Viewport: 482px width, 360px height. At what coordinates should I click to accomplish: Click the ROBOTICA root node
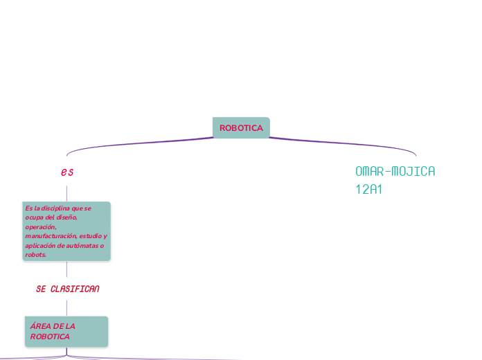(x=241, y=128)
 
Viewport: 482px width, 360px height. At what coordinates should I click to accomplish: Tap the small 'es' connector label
(x=67, y=172)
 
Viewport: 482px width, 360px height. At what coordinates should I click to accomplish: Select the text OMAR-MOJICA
(x=395, y=171)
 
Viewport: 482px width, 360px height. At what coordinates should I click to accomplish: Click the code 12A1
(x=369, y=189)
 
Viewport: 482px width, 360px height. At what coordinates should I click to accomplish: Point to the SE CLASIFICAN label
(x=67, y=289)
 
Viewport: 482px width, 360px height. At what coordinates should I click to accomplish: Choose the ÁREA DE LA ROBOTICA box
(x=66, y=332)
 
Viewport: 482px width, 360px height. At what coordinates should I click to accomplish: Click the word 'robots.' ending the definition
(x=36, y=255)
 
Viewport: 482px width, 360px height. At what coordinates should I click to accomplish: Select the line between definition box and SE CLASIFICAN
(x=67, y=271)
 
